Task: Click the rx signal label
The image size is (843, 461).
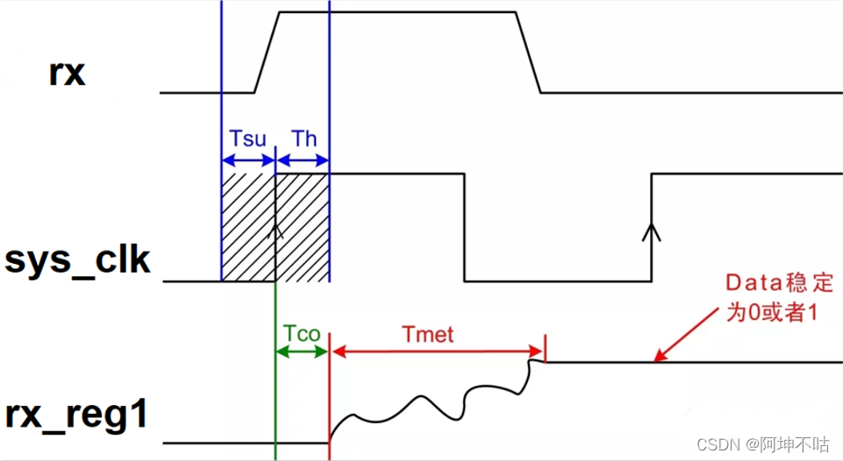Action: tap(67, 74)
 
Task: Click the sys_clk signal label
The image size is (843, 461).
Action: tap(77, 262)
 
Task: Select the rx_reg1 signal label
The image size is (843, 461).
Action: tap(76, 415)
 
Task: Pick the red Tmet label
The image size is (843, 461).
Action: tap(424, 333)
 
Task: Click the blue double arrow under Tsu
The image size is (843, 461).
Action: tap(248, 160)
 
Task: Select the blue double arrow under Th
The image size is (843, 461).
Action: tap(303, 160)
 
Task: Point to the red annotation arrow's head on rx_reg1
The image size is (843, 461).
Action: tap(659, 358)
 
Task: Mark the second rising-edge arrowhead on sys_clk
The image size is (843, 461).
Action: tap(651, 230)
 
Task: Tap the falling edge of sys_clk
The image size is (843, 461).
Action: tap(464, 228)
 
